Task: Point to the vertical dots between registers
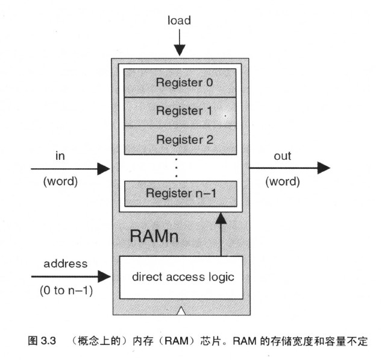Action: [x=176, y=166]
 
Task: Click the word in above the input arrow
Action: [x=60, y=156]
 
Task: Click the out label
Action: [x=283, y=156]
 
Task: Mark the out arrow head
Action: [x=323, y=168]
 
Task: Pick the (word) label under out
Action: [x=283, y=182]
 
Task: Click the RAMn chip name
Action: [x=154, y=235]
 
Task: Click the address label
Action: [x=66, y=264]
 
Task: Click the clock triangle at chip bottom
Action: [x=181, y=311]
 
